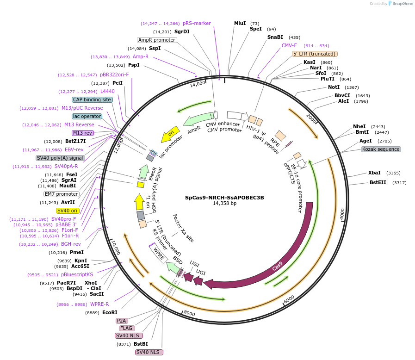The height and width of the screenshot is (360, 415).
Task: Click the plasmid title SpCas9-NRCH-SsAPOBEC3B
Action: pyautogui.click(x=224, y=197)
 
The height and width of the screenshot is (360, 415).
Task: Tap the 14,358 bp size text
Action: pyautogui.click(x=224, y=203)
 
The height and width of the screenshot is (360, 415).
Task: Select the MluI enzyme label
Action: pyautogui.click(x=240, y=23)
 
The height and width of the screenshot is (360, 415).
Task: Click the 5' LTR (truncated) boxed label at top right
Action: pyautogui.click(x=314, y=54)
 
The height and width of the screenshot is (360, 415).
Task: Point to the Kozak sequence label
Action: pyautogui.click(x=381, y=149)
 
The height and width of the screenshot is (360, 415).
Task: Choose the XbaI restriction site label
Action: pyautogui.click(x=374, y=173)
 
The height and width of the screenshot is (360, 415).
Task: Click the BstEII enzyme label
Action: pyautogui.click(x=378, y=183)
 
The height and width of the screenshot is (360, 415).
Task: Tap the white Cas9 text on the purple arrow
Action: pyautogui.click(x=277, y=267)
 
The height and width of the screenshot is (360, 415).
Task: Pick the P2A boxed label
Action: pyautogui.click(x=122, y=321)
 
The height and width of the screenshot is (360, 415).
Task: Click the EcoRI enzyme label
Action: pyautogui.click(x=110, y=313)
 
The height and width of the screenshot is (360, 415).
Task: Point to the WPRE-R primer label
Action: pyautogui.click(x=99, y=304)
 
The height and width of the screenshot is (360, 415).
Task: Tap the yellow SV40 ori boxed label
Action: pyautogui.click(x=67, y=211)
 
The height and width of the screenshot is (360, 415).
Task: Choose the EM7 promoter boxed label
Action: pyautogui.click(x=62, y=194)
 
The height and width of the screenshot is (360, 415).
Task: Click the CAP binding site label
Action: pyautogui.click(x=92, y=99)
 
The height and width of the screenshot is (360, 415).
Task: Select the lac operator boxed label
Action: pyautogui.click(x=87, y=116)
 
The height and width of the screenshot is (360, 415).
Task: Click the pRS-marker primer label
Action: pyautogui.click(x=197, y=23)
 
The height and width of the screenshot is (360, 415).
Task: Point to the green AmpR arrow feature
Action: pyautogui.click(x=198, y=121)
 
